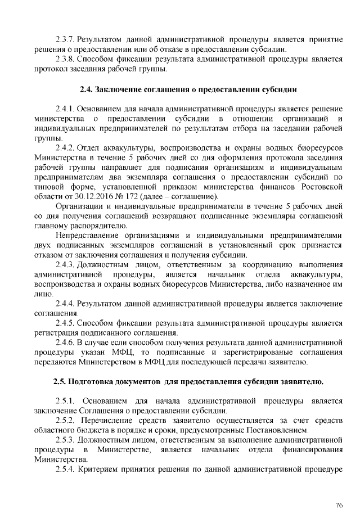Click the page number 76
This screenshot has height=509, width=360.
(x=339, y=489)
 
